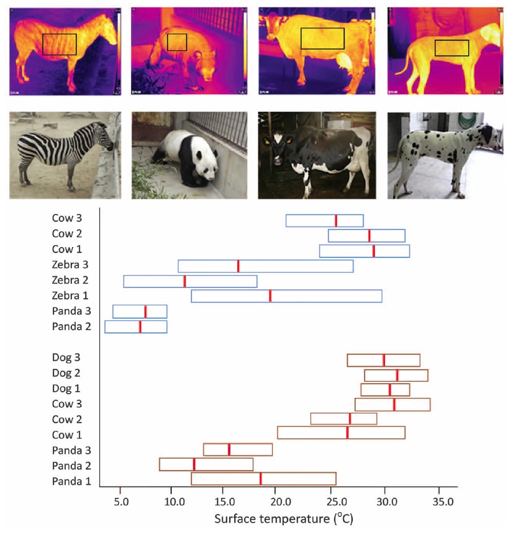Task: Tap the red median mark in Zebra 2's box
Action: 184,281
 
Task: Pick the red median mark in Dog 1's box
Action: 390,390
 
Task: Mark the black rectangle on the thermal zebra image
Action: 60,44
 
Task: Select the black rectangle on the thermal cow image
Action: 322,38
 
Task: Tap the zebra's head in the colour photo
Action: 106,136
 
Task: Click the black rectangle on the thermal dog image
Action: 451,48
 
